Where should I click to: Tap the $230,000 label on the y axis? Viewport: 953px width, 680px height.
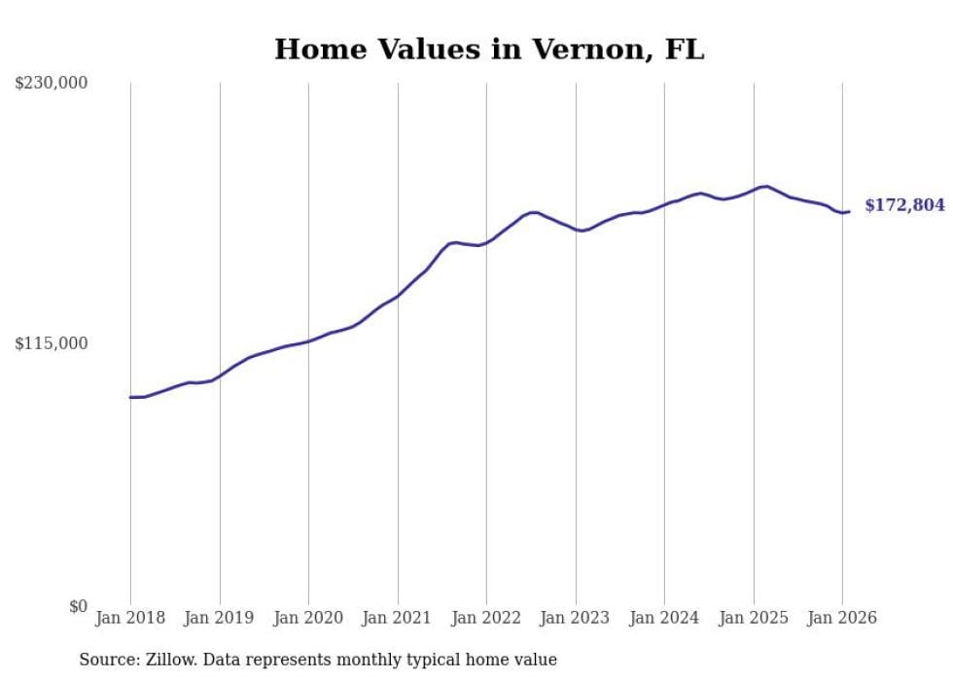click(52, 84)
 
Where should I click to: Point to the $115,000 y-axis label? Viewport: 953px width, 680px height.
click(52, 343)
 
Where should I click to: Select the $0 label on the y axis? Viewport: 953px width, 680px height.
click(78, 606)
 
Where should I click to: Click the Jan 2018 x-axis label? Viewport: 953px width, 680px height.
click(130, 618)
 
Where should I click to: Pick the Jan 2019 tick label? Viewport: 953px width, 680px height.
click(219, 618)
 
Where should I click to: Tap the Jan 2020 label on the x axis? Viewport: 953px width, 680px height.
click(308, 618)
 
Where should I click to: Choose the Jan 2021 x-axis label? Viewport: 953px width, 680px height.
click(397, 618)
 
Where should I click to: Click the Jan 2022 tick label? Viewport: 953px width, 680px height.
click(486, 618)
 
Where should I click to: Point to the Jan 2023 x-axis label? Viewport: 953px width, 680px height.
click(575, 618)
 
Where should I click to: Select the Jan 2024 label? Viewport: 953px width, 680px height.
click(664, 618)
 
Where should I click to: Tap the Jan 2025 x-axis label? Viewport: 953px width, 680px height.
click(753, 618)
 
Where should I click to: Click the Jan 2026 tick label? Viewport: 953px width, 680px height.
click(842, 618)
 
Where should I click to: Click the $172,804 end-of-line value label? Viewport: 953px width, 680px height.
click(904, 205)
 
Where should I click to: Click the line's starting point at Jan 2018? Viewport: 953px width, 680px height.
click(130, 397)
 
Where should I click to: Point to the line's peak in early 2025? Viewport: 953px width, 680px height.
click(766, 186)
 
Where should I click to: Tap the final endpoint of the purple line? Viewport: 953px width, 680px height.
click(849, 211)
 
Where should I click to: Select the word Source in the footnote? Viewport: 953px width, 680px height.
click(108, 660)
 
